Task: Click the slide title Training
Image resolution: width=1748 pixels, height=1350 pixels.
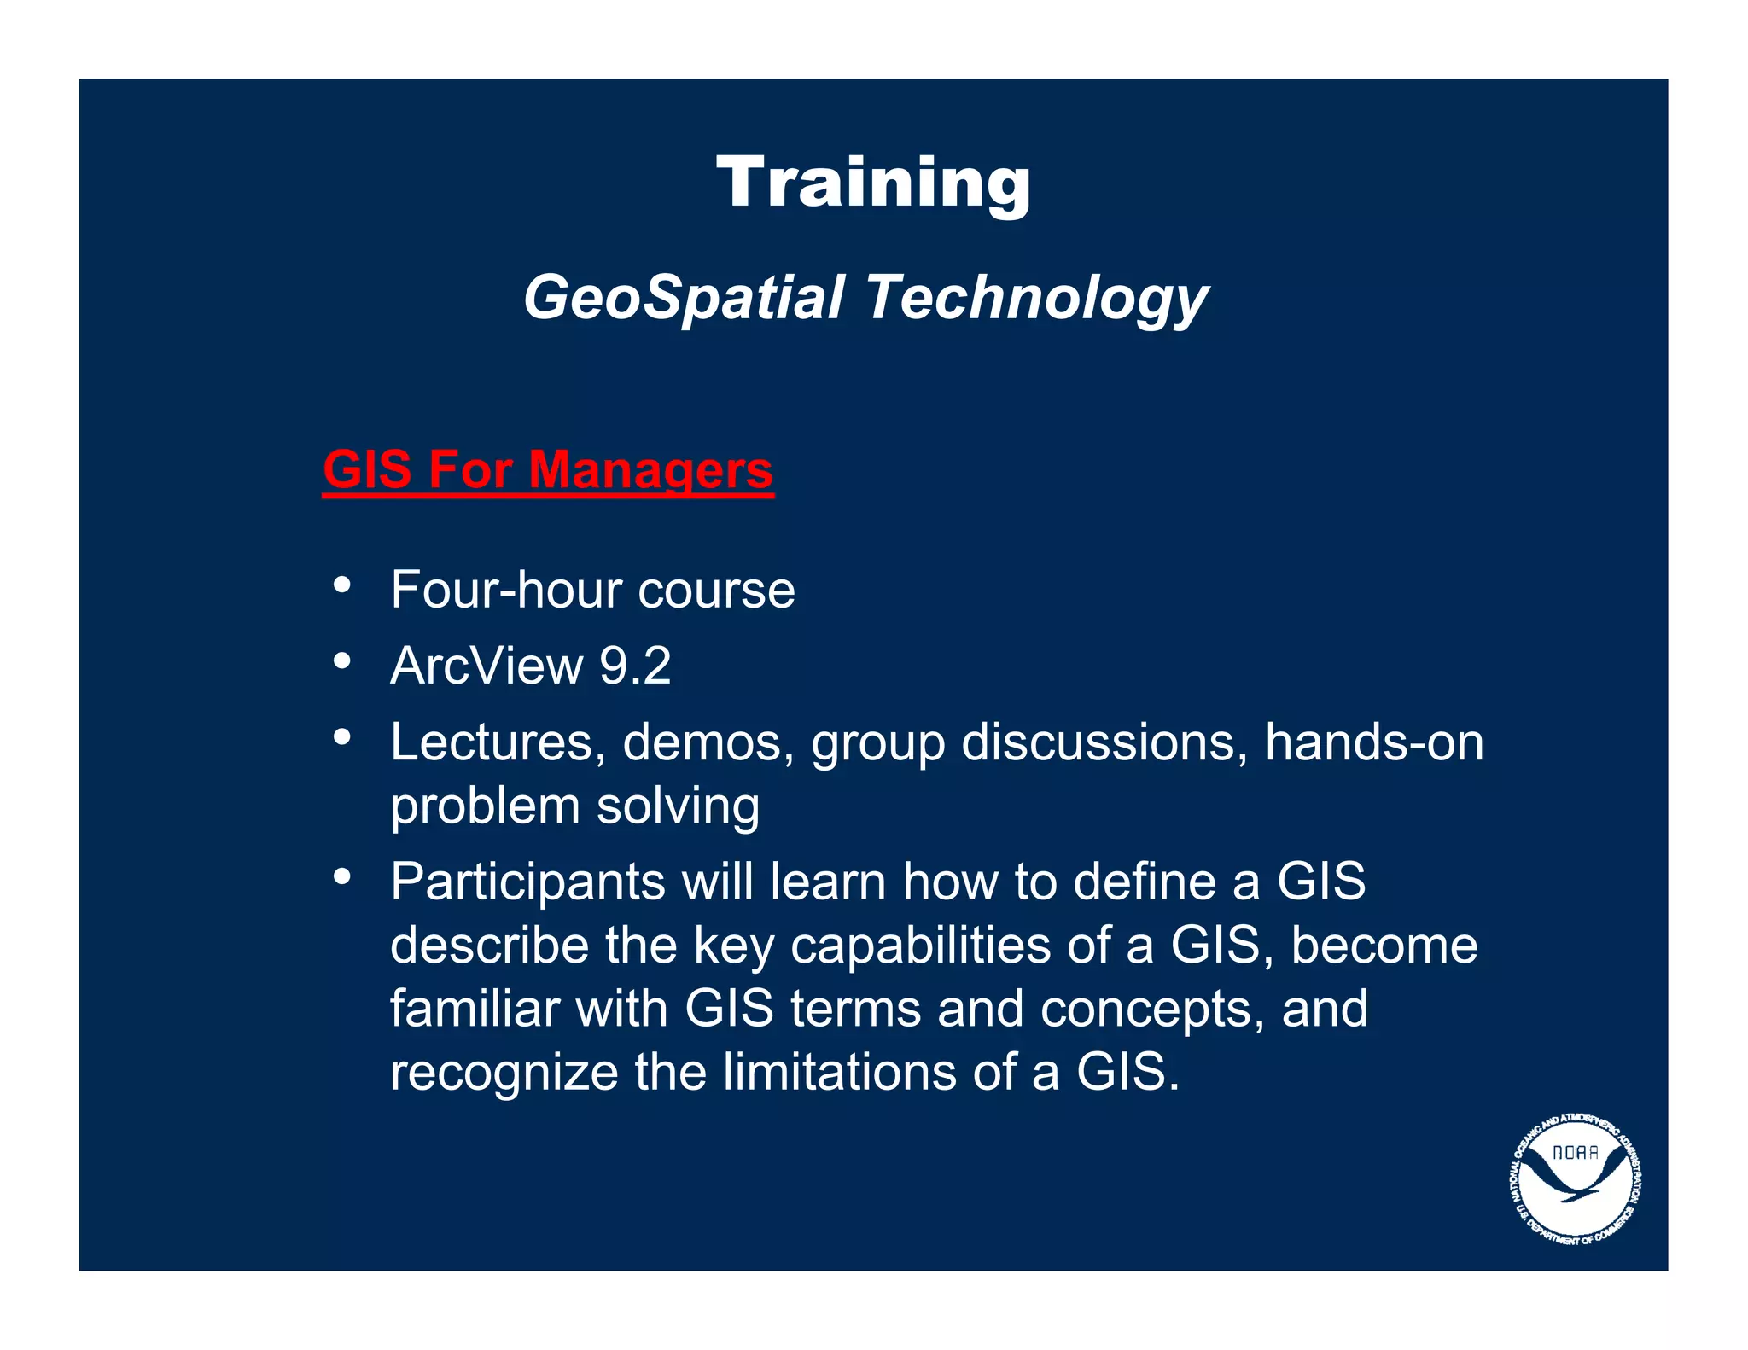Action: coord(873,183)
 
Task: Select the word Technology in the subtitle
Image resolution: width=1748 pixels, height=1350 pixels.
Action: coord(1037,299)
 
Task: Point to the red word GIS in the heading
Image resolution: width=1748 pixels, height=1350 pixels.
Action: coord(367,470)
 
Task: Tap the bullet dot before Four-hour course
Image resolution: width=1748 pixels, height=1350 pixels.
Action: coord(342,585)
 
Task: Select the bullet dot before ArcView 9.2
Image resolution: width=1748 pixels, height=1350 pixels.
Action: coord(342,660)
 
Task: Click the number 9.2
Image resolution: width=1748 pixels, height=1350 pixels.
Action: coord(635,666)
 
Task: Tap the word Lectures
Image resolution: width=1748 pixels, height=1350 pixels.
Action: coord(492,742)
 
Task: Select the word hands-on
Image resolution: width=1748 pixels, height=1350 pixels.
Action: coord(1373,742)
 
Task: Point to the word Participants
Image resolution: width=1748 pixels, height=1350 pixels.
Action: coord(527,882)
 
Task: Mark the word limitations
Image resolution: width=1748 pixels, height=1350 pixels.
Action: coord(839,1072)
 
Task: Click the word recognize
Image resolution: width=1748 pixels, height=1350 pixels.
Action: coord(504,1074)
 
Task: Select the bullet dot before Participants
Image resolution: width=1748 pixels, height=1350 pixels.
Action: coord(342,876)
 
